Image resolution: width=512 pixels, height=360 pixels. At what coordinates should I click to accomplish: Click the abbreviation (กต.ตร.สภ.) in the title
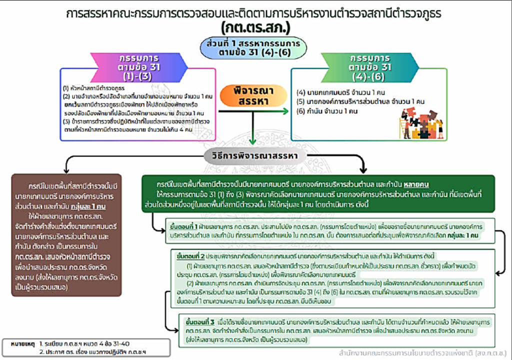tap(255, 27)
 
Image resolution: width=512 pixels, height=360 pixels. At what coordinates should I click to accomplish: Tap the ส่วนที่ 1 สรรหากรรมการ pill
tap(255, 48)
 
